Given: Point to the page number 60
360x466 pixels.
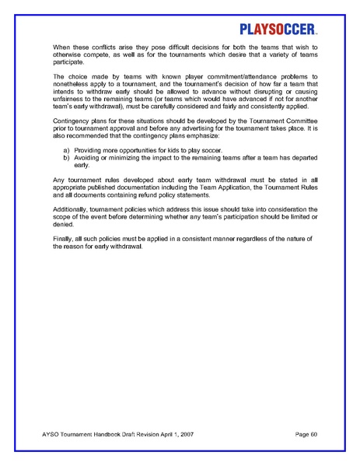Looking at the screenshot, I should [x=313, y=432].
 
